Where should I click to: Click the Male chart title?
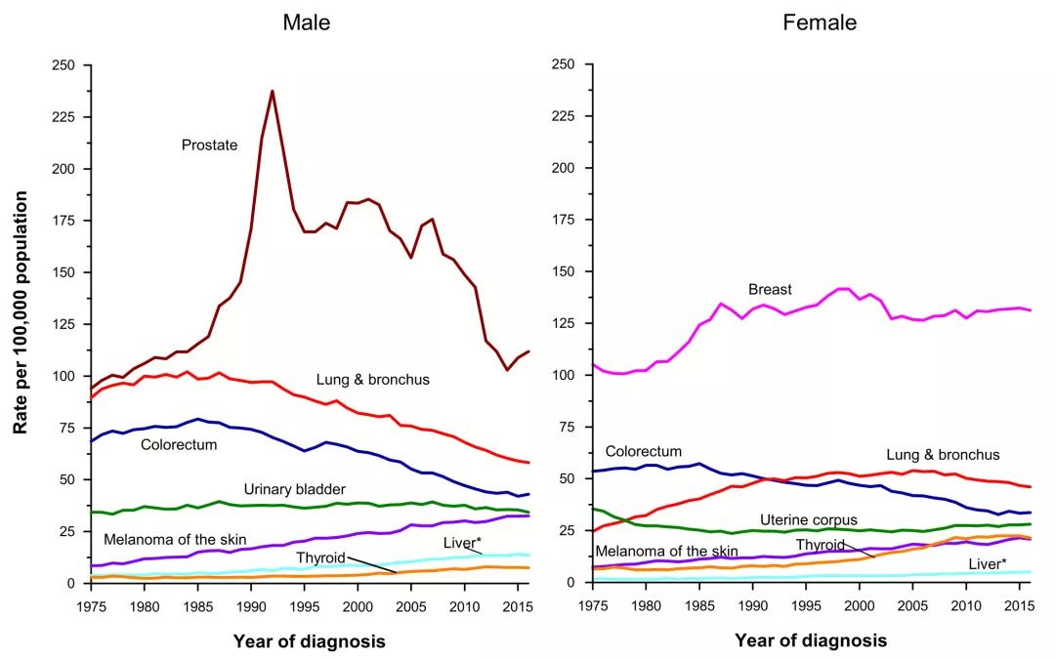(306, 22)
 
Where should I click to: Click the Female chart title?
(820, 22)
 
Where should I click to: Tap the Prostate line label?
(209, 145)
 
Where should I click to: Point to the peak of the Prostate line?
(273, 91)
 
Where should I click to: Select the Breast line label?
(770, 289)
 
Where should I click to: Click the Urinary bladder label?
(295, 489)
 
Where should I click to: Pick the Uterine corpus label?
(809, 519)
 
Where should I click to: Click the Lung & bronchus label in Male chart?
(373, 380)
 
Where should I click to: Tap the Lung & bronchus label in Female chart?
(943, 455)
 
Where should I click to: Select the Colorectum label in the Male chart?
(179, 444)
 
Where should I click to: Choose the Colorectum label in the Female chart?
(643, 451)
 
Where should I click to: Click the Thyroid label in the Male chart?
(320, 557)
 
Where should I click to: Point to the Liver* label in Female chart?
(988, 564)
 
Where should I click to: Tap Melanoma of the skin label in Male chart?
(175, 539)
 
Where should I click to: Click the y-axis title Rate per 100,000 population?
(21, 312)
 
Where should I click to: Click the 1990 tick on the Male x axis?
(251, 606)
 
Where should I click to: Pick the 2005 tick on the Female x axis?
(913, 606)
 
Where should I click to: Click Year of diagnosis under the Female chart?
(811, 640)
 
